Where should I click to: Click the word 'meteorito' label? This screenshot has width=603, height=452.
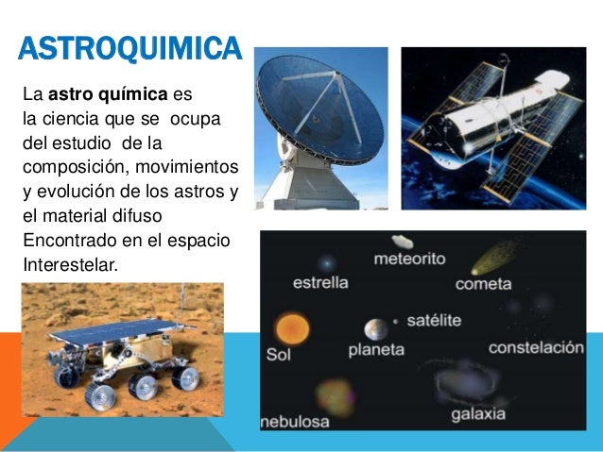point(410,258)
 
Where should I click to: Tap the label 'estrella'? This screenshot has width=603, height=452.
point(320,282)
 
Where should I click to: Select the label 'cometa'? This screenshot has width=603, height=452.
point(483,283)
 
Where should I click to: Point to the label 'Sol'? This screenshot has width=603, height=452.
point(278,356)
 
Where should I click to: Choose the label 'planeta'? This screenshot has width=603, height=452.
point(376,350)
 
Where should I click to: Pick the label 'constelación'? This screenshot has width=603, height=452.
point(536,347)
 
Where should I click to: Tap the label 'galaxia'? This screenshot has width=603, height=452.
point(478,414)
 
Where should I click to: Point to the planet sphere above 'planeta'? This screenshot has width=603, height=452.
point(376,329)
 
